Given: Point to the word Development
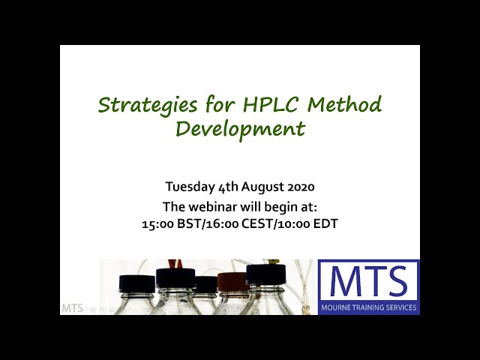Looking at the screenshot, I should coord(240,128).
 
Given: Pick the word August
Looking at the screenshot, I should coord(258,187).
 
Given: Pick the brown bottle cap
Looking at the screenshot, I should coord(232,282).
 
